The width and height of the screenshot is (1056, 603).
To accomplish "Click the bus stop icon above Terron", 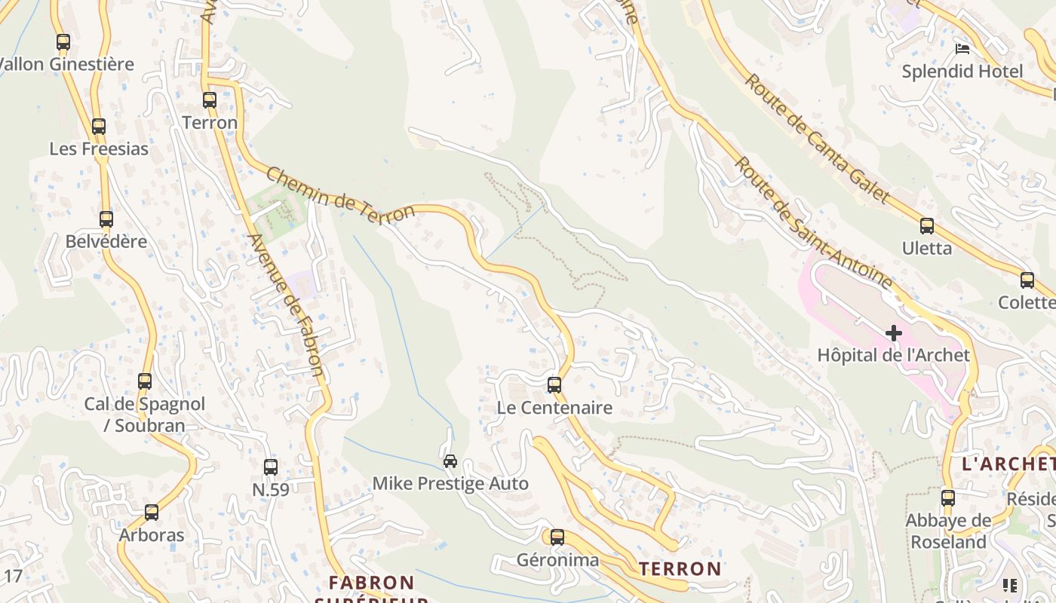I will [210, 99].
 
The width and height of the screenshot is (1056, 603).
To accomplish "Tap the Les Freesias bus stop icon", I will [99, 126].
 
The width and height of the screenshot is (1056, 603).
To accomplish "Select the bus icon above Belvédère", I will [106, 219].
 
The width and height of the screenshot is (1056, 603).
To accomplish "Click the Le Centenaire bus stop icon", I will [554, 384].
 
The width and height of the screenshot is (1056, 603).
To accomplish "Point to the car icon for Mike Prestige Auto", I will [450, 461].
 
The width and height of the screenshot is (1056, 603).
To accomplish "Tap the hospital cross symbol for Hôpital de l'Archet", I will [894, 332].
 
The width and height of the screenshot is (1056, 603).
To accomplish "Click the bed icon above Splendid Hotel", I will [962, 49].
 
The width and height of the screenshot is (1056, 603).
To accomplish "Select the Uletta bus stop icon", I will [927, 225].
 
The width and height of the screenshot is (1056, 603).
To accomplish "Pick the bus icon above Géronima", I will [557, 537].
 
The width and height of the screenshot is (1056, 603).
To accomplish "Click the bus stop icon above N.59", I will [271, 467].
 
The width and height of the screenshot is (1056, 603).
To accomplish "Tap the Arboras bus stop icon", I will [152, 512].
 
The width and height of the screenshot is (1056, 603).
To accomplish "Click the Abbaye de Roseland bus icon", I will [948, 497].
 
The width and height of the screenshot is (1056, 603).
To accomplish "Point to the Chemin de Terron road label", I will [340, 194].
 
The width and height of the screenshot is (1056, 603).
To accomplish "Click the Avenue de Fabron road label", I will [287, 305].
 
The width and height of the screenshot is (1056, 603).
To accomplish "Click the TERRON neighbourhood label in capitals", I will [680, 568].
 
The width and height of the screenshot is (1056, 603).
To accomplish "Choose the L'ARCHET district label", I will [1008, 464].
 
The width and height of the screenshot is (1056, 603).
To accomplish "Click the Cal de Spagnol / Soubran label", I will [144, 414].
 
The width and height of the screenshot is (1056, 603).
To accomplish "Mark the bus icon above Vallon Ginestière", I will [63, 41].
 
